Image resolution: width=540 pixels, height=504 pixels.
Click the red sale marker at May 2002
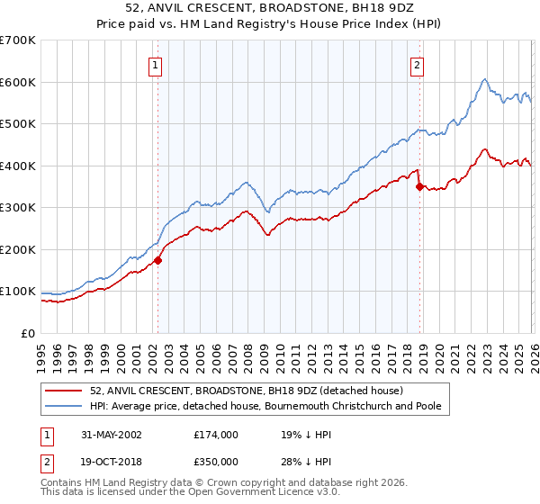[158, 260]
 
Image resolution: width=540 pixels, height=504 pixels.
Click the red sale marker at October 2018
[419, 187]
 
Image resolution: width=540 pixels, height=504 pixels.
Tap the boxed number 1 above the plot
[156, 64]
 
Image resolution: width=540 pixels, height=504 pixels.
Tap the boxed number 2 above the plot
[418, 64]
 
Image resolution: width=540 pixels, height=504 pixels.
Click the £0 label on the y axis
[28, 333]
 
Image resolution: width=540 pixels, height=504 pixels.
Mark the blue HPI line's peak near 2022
[484, 79]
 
